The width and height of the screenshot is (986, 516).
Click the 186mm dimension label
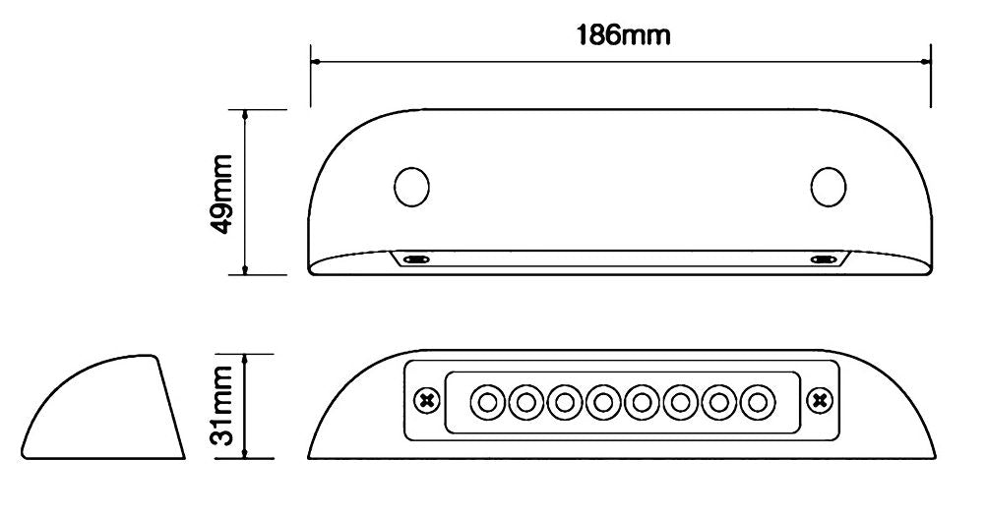point(622,35)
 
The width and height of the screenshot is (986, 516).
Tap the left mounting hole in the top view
point(411,186)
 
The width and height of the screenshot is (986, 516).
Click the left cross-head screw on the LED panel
point(426,401)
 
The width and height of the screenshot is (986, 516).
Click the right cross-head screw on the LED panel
point(818,401)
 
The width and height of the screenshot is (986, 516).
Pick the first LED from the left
point(486,402)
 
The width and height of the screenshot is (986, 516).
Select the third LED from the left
point(564,402)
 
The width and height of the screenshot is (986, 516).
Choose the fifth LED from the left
point(642,402)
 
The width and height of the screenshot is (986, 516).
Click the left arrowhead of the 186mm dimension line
point(316,61)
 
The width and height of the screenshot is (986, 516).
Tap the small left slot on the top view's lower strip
point(416,259)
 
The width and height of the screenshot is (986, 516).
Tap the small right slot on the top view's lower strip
point(823,259)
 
